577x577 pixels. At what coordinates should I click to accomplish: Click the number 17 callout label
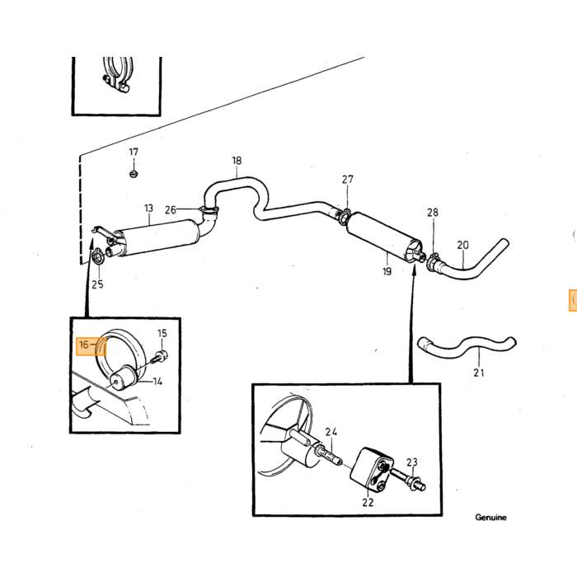click(134, 152)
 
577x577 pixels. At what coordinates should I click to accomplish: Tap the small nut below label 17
click(134, 173)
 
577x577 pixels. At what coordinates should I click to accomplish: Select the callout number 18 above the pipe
click(237, 161)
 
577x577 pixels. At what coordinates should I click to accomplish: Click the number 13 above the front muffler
click(148, 209)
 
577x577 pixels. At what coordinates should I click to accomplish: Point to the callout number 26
click(171, 210)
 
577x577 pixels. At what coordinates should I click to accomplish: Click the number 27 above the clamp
click(347, 179)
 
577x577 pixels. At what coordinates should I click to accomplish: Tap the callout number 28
click(433, 213)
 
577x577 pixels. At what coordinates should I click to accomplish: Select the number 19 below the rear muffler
click(387, 271)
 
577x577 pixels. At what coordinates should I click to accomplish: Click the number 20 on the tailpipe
click(463, 245)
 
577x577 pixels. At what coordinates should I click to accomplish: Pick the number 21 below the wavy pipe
click(478, 373)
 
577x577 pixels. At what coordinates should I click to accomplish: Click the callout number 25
click(97, 284)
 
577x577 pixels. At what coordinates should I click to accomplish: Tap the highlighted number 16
click(84, 345)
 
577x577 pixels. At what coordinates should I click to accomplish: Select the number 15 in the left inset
click(162, 333)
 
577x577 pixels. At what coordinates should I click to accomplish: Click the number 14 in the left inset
click(157, 382)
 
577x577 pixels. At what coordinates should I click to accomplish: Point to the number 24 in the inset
click(331, 432)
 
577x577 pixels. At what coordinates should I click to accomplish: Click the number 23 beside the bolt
click(412, 462)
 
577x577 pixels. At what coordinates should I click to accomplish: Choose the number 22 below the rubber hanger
click(368, 502)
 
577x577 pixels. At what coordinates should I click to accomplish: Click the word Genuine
click(490, 518)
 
